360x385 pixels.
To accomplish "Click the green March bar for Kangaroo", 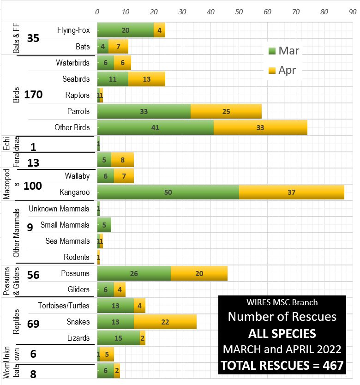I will tap(168, 192).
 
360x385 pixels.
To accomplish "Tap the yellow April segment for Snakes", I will tap(165, 322).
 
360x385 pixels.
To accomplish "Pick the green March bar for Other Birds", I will tap(156, 127).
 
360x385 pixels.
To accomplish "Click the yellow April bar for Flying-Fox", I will tap(159, 30).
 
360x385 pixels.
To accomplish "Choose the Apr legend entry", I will tap(282, 71).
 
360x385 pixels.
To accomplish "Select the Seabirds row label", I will tap(76, 79).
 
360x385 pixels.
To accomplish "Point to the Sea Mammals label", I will tap(67, 241).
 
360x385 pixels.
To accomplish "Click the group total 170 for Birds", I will tap(34, 95).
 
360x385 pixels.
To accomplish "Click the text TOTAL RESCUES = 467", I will tap(282, 366).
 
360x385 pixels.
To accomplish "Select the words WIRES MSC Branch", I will tap(282, 302).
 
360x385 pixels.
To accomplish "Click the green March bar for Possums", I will tap(134, 273).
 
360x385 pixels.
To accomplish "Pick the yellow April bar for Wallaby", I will tap(124, 176).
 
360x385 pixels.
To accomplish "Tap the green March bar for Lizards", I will tap(119, 338).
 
